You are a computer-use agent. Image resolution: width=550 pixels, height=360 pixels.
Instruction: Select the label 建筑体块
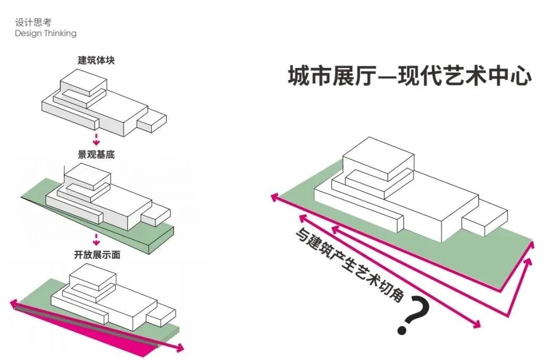click(96, 60)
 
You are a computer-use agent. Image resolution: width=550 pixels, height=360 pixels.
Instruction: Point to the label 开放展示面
click(96, 255)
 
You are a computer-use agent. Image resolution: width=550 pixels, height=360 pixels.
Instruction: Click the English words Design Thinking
click(46, 33)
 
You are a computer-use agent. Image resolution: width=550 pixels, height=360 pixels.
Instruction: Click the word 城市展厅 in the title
click(332, 75)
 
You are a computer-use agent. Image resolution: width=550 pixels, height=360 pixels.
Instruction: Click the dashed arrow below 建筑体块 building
click(96, 140)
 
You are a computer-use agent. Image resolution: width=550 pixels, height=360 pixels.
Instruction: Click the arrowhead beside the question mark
click(477, 324)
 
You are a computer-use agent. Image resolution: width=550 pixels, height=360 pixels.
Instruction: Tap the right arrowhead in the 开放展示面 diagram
click(180, 348)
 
